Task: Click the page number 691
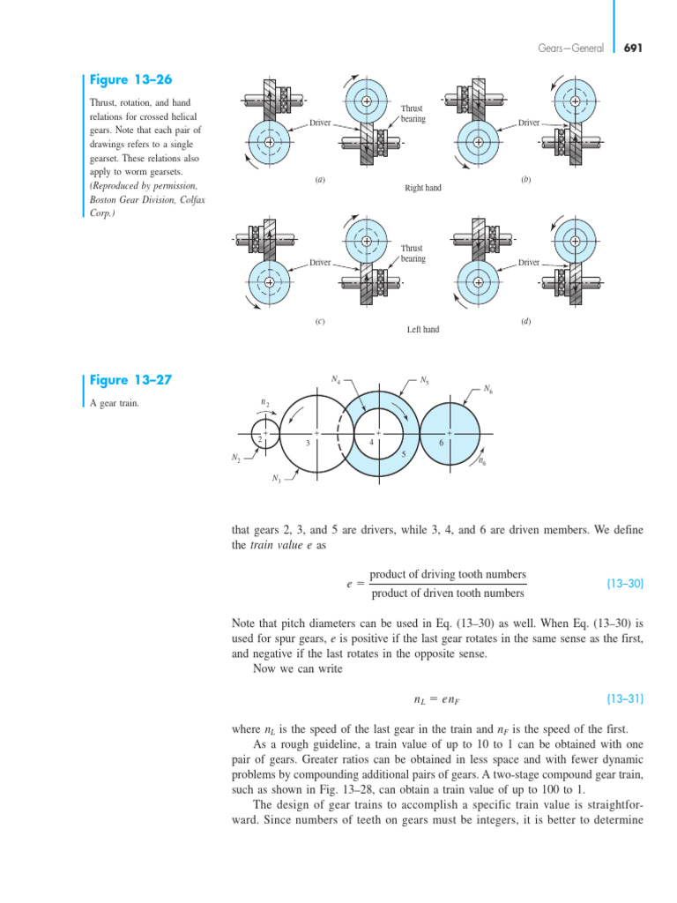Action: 633,49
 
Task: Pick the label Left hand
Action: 422,330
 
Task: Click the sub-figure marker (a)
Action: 320,180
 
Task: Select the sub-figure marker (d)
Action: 525,322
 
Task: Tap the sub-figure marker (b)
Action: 525,180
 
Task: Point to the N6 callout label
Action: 488,388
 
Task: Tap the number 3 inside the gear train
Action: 307,444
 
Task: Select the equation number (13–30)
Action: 626,584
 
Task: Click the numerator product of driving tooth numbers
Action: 447,574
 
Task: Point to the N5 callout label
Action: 424,380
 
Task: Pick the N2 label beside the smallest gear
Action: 236,458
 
